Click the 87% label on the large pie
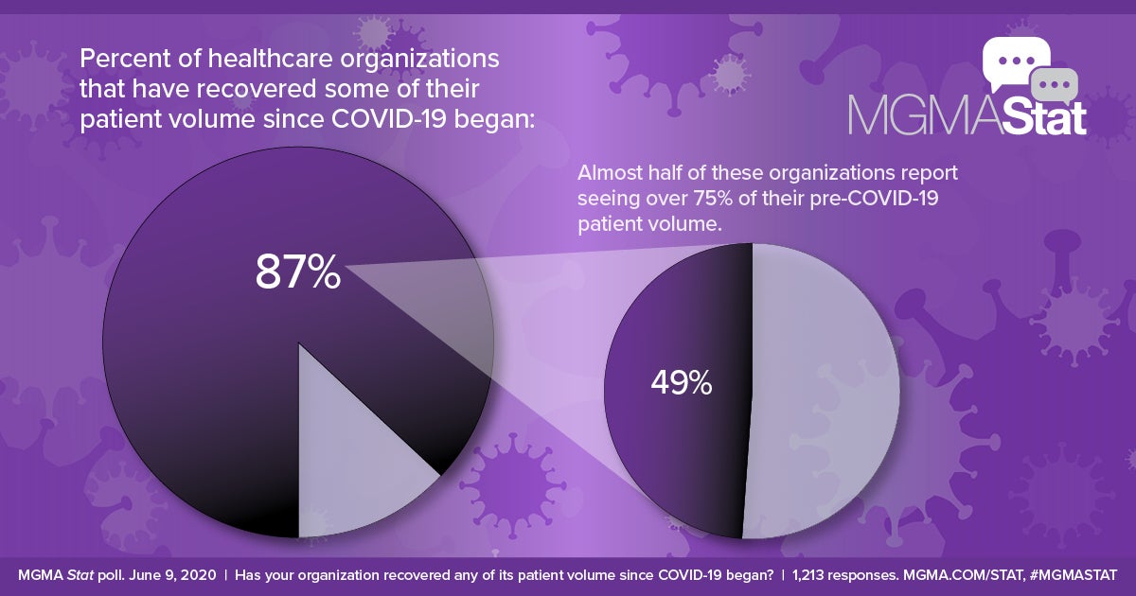(297, 272)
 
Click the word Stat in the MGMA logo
(1036, 114)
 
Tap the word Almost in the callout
(609, 175)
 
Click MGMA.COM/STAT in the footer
(964, 575)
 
